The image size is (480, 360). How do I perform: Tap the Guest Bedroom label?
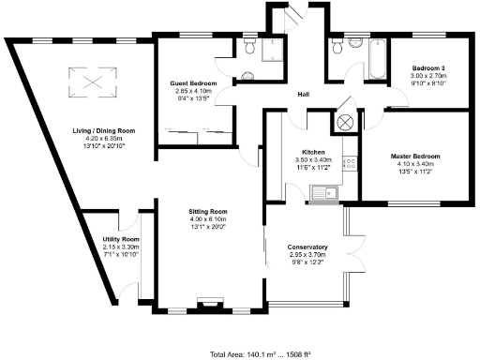click(x=194, y=84)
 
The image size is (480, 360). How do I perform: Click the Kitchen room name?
click(x=313, y=152)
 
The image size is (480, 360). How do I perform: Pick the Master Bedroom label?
click(x=414, y=156)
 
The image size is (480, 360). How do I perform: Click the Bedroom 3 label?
click(x=428, y=67)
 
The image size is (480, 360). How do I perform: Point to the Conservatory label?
click(x=307, y=247)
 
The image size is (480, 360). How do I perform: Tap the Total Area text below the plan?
click(x=240, y=353)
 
